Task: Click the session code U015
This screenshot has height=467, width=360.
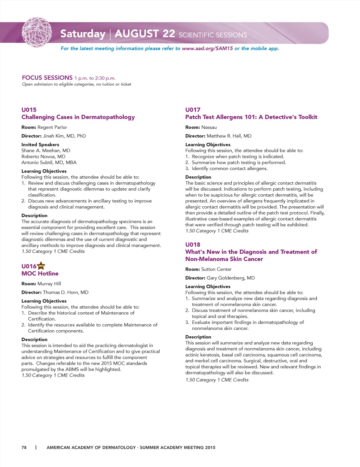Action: pos(29,110)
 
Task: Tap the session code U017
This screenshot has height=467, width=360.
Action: pos(193,110)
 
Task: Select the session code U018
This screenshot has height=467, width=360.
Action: pos(193,245)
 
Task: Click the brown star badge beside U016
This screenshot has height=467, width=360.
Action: pos(41,266)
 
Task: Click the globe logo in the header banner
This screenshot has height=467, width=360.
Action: pos(37,32)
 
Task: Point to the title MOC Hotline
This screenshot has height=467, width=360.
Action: pos(40,273)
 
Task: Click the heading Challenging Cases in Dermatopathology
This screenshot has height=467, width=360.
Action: pos(78,117)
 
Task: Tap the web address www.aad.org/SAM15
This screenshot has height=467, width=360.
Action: pos(207,48)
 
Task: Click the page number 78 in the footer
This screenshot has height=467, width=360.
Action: pos(24,447)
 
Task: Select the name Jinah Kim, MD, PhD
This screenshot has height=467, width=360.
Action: pos(64,136)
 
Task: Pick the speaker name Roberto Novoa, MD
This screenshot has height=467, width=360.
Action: pos(43,156)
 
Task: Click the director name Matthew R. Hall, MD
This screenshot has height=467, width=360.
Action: pos(229,136)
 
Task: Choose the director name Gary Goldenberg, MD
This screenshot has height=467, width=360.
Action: pos(231,278)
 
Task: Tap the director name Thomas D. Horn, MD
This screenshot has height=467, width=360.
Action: pos(65,292)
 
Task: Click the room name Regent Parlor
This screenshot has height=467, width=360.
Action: pos(52,127)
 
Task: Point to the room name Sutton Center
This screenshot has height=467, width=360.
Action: pos(216,269)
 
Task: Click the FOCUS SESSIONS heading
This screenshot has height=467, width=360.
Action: pos(47,78)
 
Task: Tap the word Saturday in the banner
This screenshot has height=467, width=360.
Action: pos(83,34)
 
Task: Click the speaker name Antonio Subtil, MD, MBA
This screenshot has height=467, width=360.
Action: pos(49,162)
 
